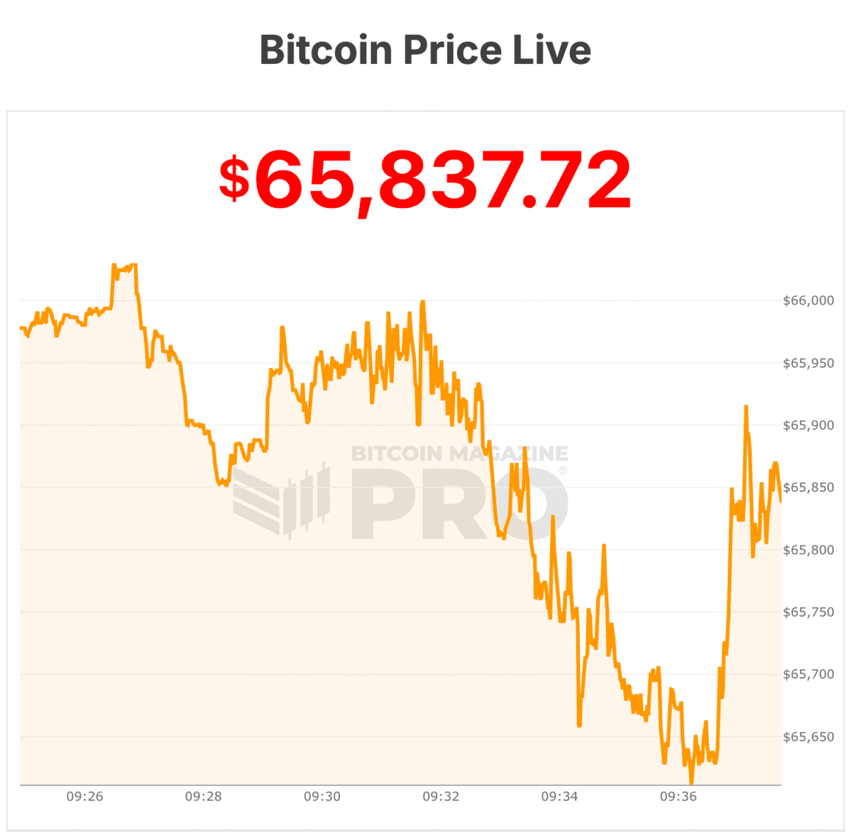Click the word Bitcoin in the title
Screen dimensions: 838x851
tap(326, 50)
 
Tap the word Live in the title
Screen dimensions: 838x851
tap(555, 50)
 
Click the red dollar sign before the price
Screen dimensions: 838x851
tap(234, 179)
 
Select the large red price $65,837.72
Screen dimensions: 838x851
tap(425, 180)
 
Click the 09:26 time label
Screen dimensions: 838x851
tap(85, 796)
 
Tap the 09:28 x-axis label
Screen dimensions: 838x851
tap(204, 796)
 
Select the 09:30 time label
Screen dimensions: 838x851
tap(322, 796)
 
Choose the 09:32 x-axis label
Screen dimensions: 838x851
tap(441, 796)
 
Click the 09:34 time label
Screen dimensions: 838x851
tap(560, 796)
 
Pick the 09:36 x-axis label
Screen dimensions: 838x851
tap(678, 796)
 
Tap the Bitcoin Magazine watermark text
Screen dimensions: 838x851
tap(460, 454)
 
